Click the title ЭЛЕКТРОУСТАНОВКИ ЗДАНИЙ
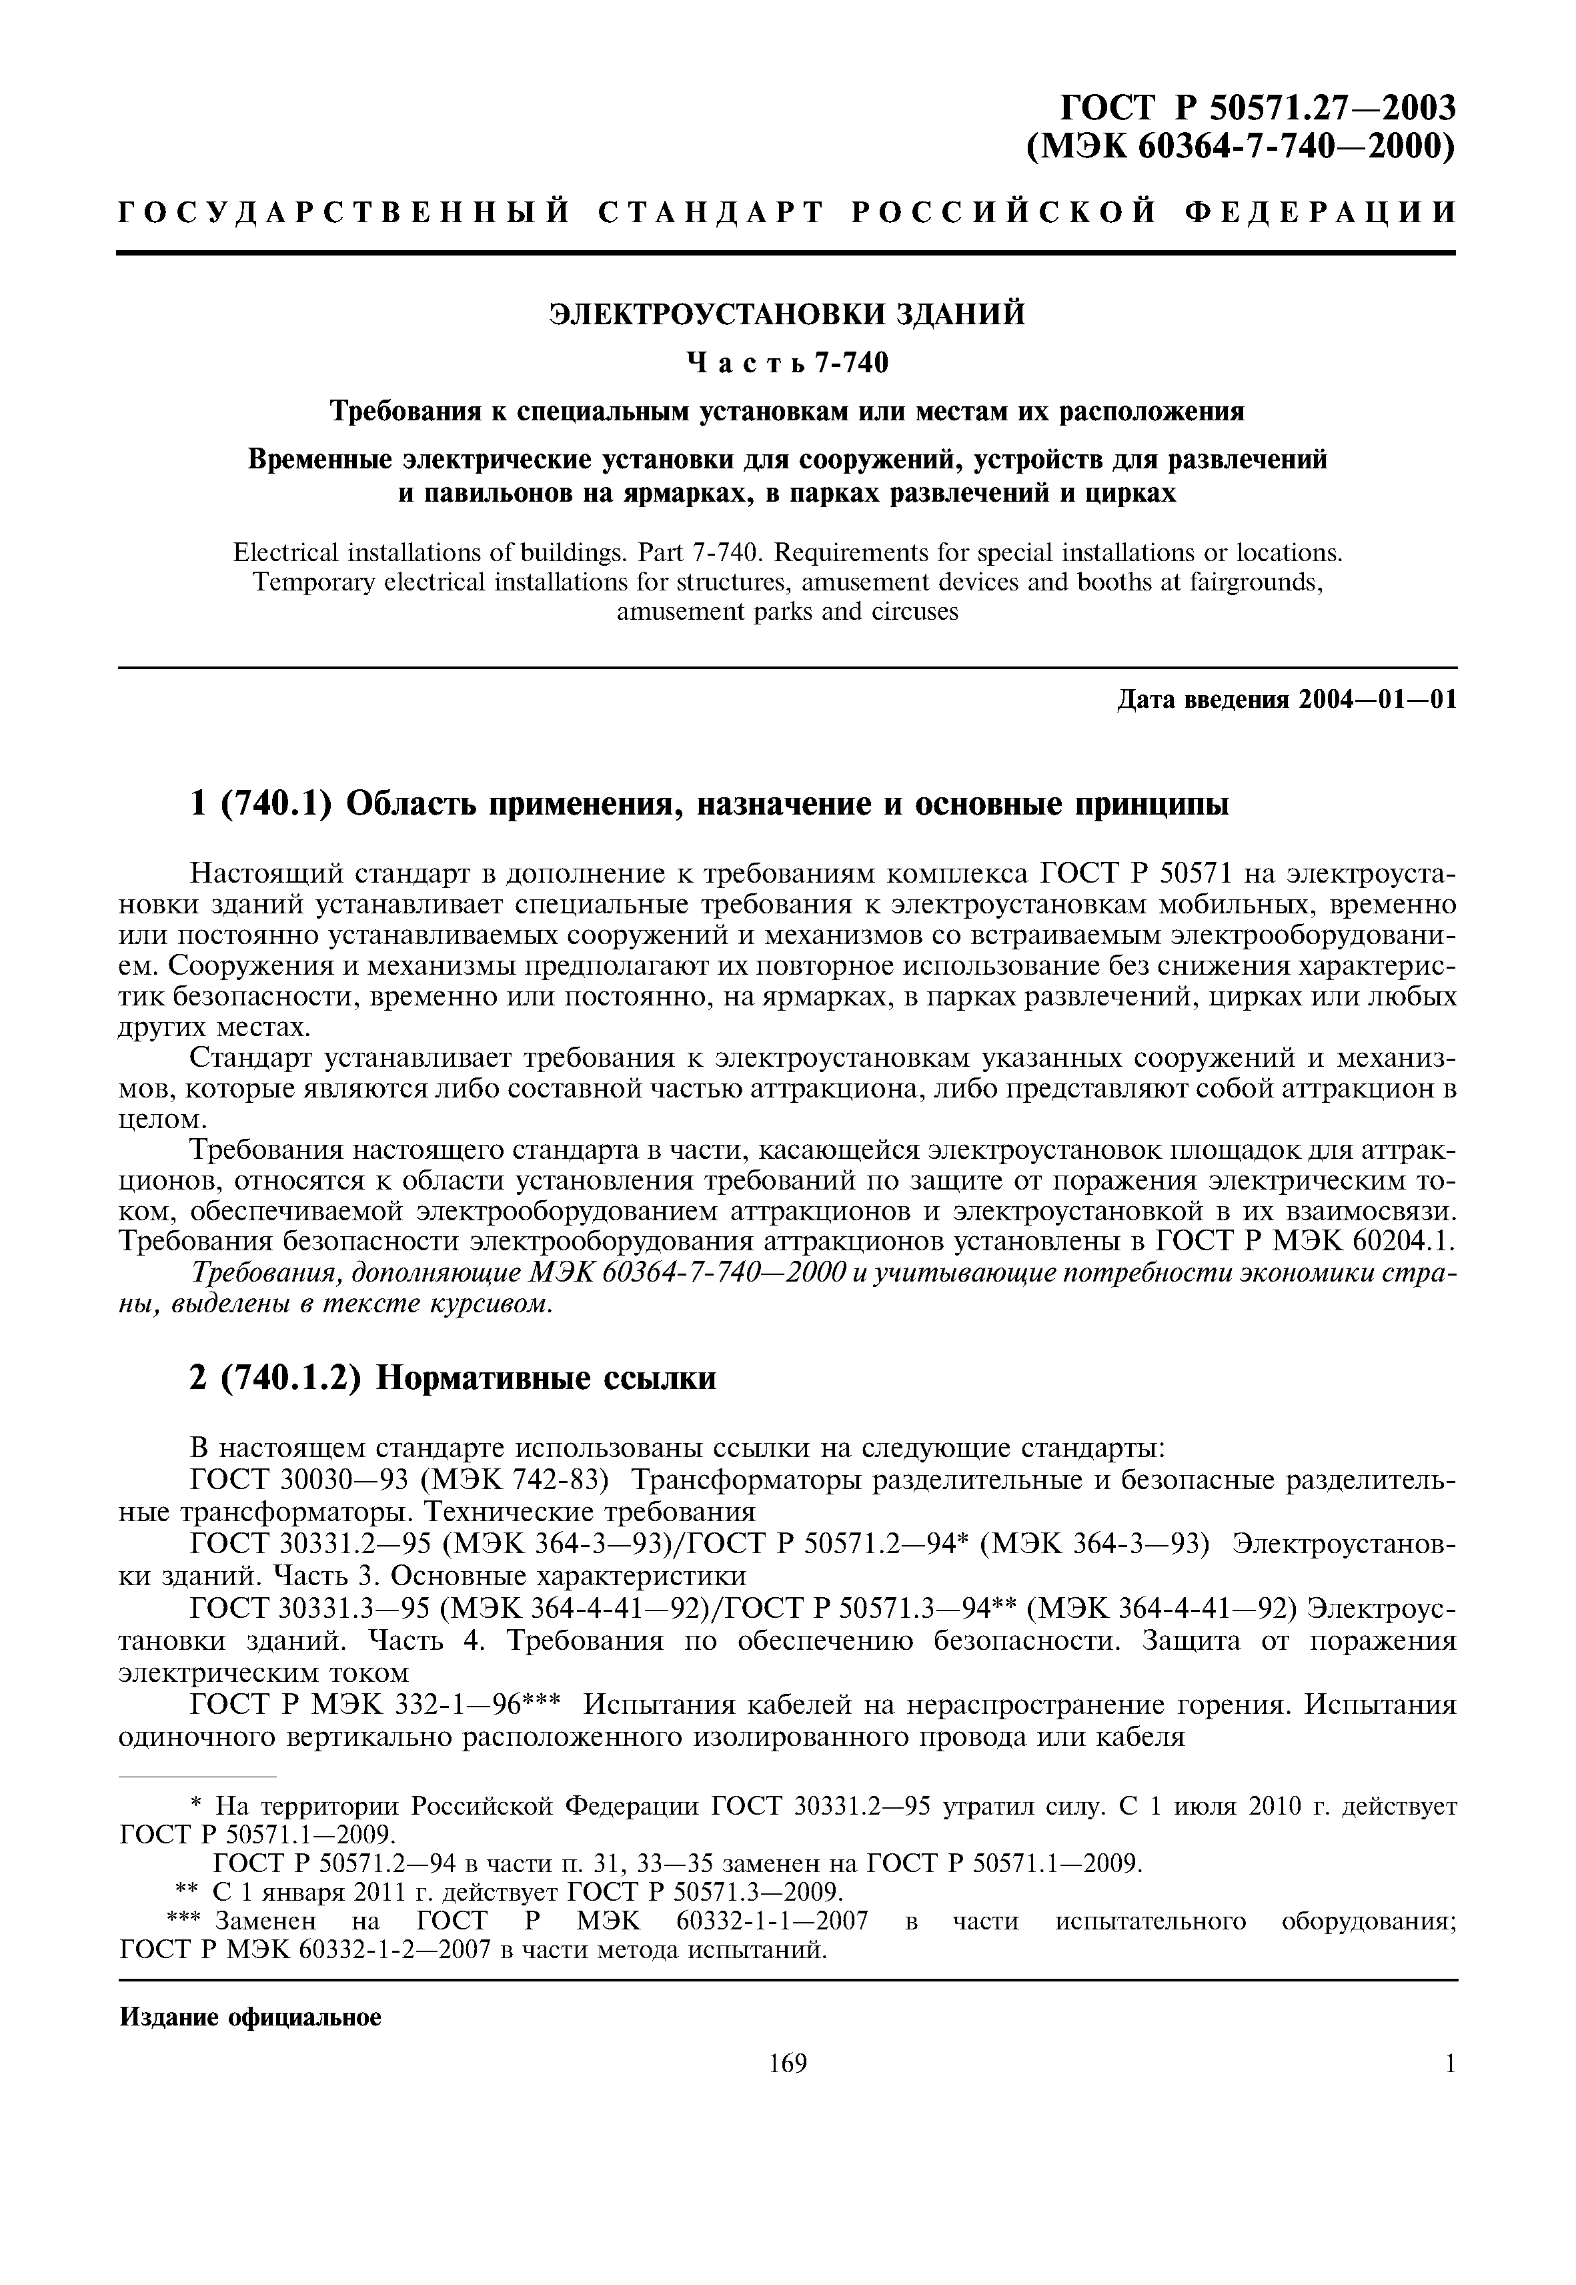[x=787, y=315]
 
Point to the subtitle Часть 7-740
[x=787, y=364]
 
